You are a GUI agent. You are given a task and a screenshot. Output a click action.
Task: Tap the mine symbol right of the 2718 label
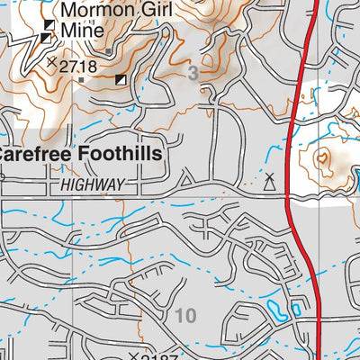pos(121,80)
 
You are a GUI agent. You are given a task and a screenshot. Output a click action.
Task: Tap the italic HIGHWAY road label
pos(93,184)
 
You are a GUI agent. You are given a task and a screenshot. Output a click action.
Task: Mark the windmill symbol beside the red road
pos(268,179)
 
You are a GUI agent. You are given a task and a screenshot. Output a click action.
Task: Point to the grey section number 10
pos(185,315)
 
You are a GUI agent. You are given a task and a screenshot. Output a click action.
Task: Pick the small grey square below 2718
pos(83,80)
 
